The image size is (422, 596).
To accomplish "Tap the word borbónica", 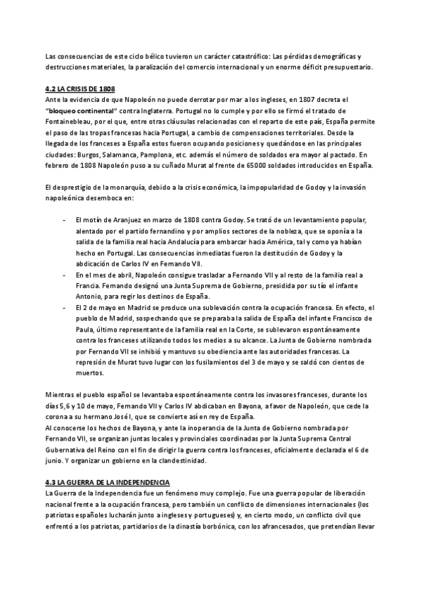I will (x=218, y=526).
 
